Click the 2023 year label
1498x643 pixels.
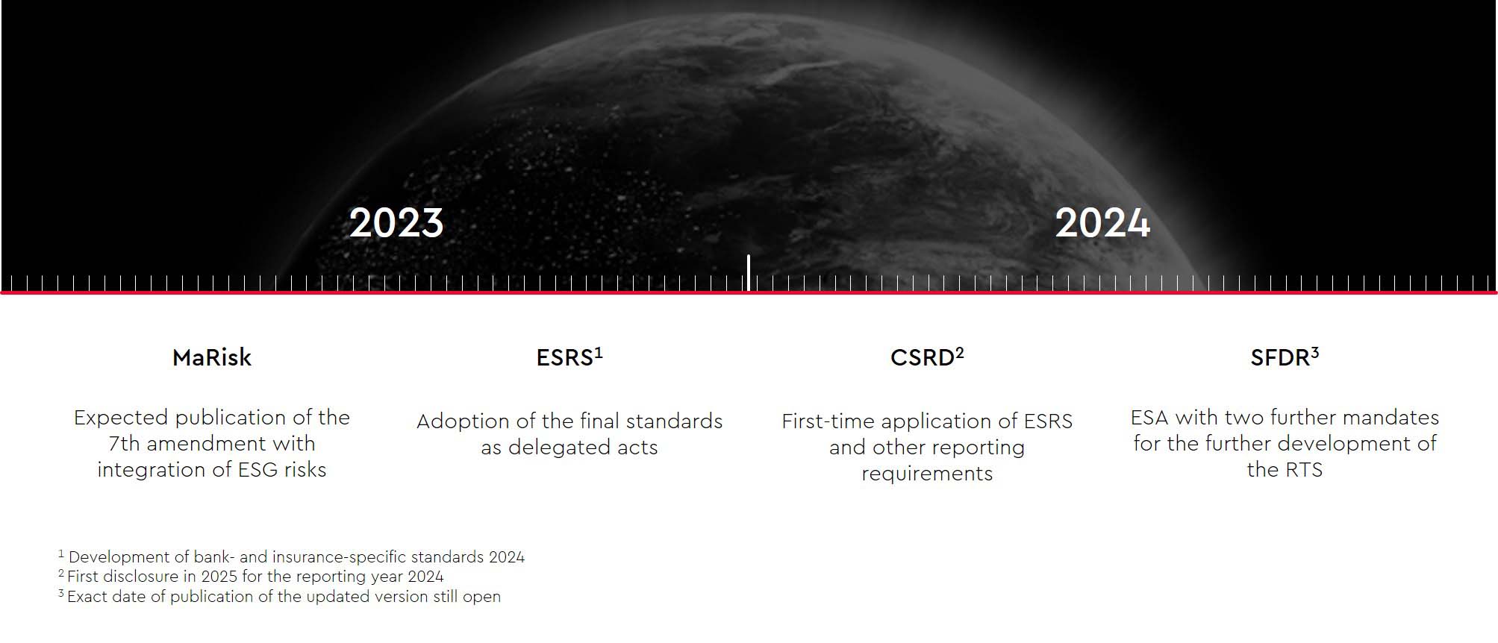396,223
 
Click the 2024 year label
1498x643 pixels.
1102,223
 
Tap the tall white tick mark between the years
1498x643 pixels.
749,272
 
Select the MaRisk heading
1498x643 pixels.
212,358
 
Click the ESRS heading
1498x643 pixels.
564,358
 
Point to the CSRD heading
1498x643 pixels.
922,358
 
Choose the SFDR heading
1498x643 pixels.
1280,358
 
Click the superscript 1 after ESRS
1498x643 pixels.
599,353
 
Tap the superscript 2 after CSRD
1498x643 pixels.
960,353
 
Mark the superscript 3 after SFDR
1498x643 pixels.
1315,353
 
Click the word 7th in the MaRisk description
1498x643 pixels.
124,444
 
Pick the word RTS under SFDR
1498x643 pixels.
1303,470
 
